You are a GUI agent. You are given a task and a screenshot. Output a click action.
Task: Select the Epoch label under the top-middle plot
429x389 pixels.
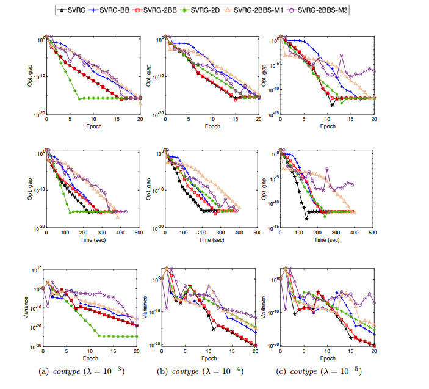212,126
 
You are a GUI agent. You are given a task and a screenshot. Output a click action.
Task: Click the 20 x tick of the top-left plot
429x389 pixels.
140,120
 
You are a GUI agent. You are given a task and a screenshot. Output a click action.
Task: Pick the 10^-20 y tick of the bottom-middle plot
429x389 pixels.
153,346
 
